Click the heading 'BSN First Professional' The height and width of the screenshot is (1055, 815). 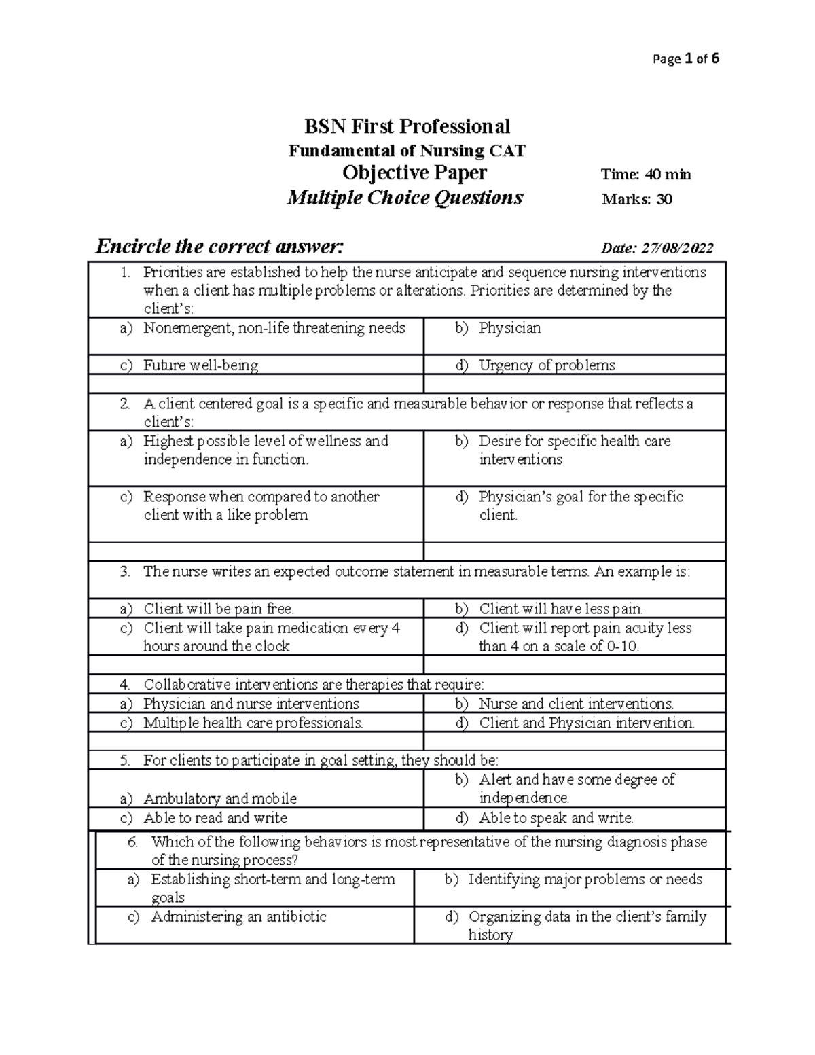[x=407, y=126]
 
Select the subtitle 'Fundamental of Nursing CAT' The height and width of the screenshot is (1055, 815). [x=407, y=151]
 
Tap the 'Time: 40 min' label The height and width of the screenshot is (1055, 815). [x=645, y=175]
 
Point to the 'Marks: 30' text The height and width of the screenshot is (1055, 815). [x=636, y=199]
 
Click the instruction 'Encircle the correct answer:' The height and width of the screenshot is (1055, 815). [x=220, y=246]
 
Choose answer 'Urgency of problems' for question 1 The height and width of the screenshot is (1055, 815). [x=546, y=365]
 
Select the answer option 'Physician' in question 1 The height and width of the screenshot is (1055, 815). [x=509, y=328]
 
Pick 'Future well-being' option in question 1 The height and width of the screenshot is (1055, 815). [x=200, y=365]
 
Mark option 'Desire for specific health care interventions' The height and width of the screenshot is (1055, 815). [x=574, y=450]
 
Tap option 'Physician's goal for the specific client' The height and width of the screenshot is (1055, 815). [x=580, y=505]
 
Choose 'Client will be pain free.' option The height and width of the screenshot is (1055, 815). [x=218, y=609]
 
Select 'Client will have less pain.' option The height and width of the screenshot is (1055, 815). [x=560, y=609]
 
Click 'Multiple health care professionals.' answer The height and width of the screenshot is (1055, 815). [x=253, y=723]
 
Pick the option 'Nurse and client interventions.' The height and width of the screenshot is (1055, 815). [x=576, y=704]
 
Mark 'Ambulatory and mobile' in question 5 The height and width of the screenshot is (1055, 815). [x=220, y=798]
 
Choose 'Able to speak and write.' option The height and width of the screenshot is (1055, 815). [x=556, y=818]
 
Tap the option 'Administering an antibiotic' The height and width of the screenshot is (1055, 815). [x=238, y=916]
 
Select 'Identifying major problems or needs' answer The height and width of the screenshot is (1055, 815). [x=585, y=879]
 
